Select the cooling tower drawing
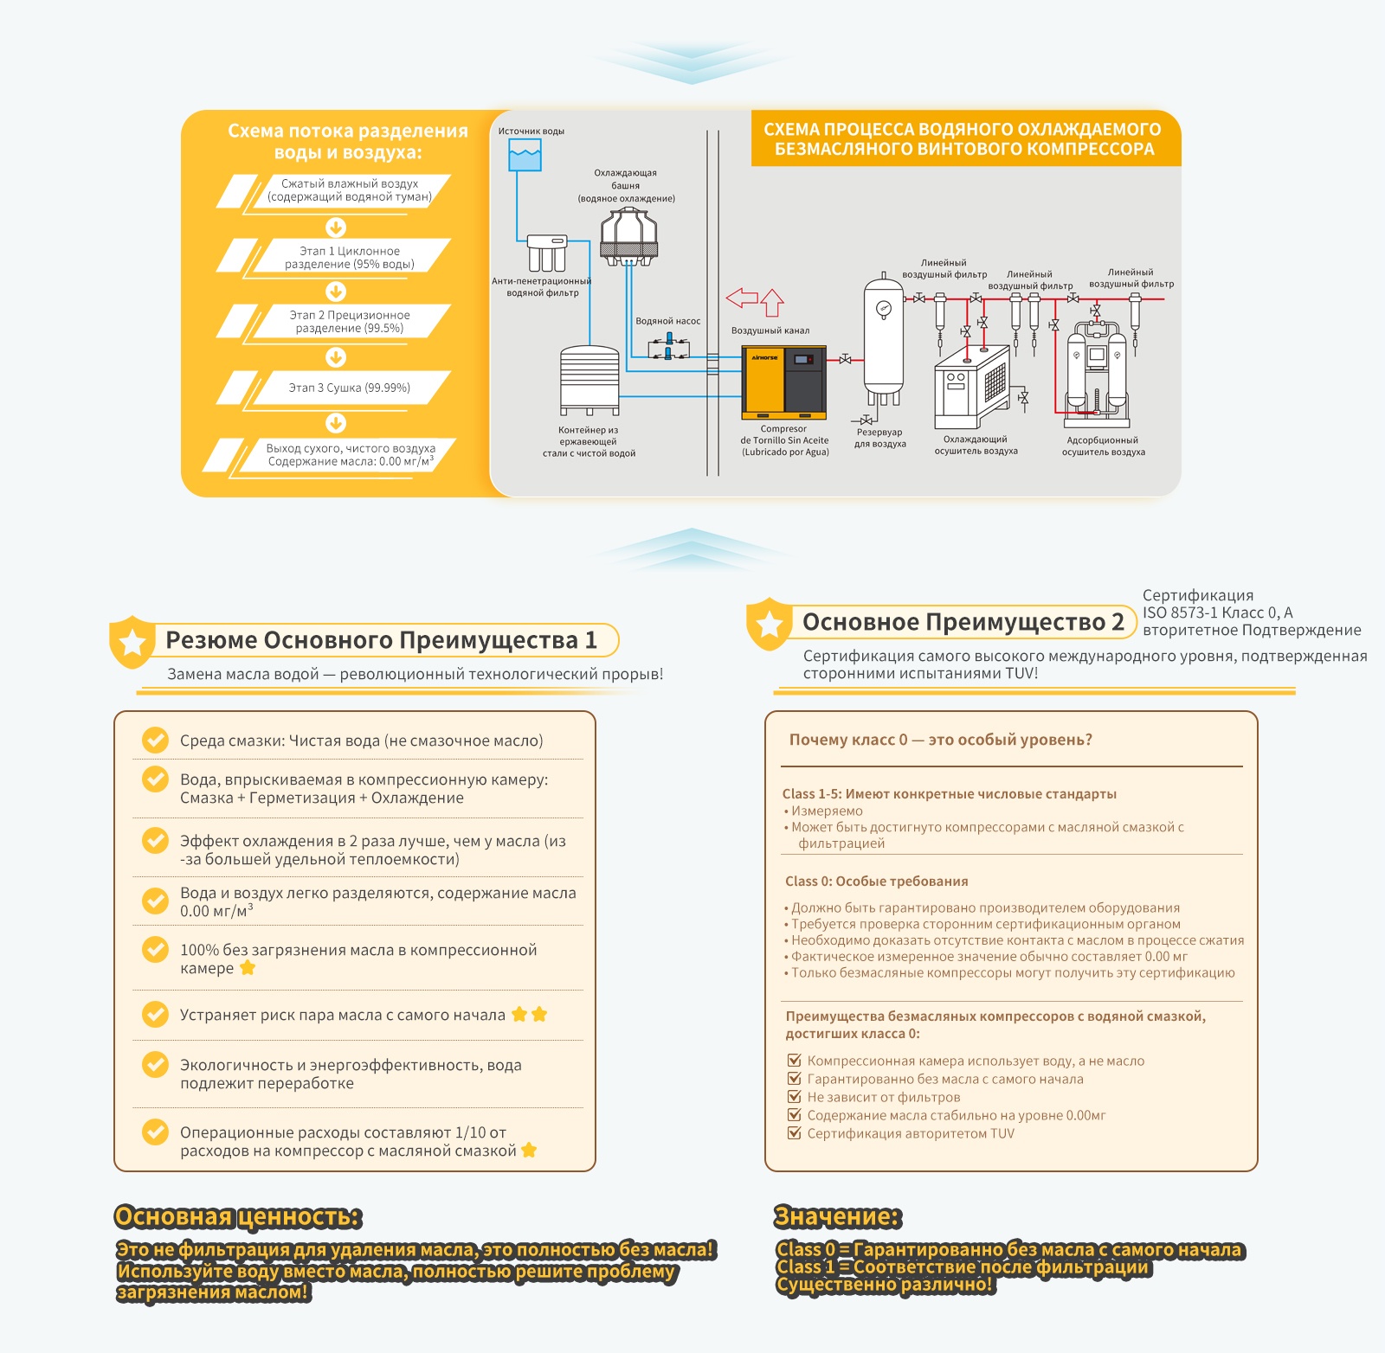click(629, 236)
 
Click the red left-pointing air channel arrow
click(742, 298)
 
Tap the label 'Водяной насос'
click(668, 321)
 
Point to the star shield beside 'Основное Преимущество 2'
click(769, 624)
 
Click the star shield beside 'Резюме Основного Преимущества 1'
click(132, 642)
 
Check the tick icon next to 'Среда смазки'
click(156, 740)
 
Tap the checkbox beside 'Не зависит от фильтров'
click(794, 1097)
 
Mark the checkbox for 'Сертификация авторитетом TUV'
click(794, 1133)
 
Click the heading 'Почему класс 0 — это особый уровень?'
click(941, 740)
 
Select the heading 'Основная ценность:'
click(238, 1216)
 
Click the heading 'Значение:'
click(838, 1216)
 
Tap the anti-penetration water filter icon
click(547, 253)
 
